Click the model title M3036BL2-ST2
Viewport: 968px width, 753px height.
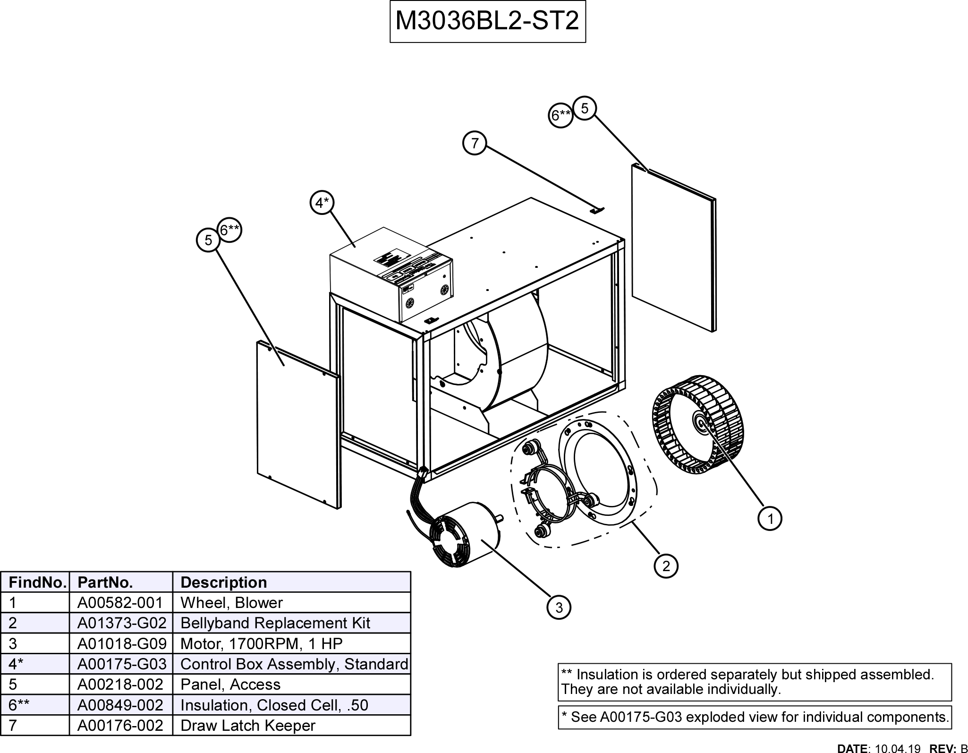click(x=487, y=22)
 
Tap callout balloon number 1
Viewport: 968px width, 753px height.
click(x=770, y=519)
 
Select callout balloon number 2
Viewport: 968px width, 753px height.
click(x=666, y=566)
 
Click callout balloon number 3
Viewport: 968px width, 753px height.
click(x=559, y=608)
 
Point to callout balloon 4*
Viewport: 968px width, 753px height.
click(x=322, y=203)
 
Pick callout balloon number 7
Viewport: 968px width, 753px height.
click(x=475, y=143)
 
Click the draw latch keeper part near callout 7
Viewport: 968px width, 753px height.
click(x=598, y=209)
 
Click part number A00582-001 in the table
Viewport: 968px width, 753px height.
click(x=120, y=603)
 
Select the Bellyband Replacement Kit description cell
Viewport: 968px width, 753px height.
click(x=275, y=623)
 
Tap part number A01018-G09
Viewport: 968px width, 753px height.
click(x=121, y=643)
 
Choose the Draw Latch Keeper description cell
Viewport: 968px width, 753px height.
click(x=248, y=725)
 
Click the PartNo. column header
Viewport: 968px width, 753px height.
click(x=105, y=582)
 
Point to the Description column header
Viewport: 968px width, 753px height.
click(x=224, y=582)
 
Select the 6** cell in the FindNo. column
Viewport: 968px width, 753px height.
click(x=19, y=705)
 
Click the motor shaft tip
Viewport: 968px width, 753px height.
click(x=503, y=518)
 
